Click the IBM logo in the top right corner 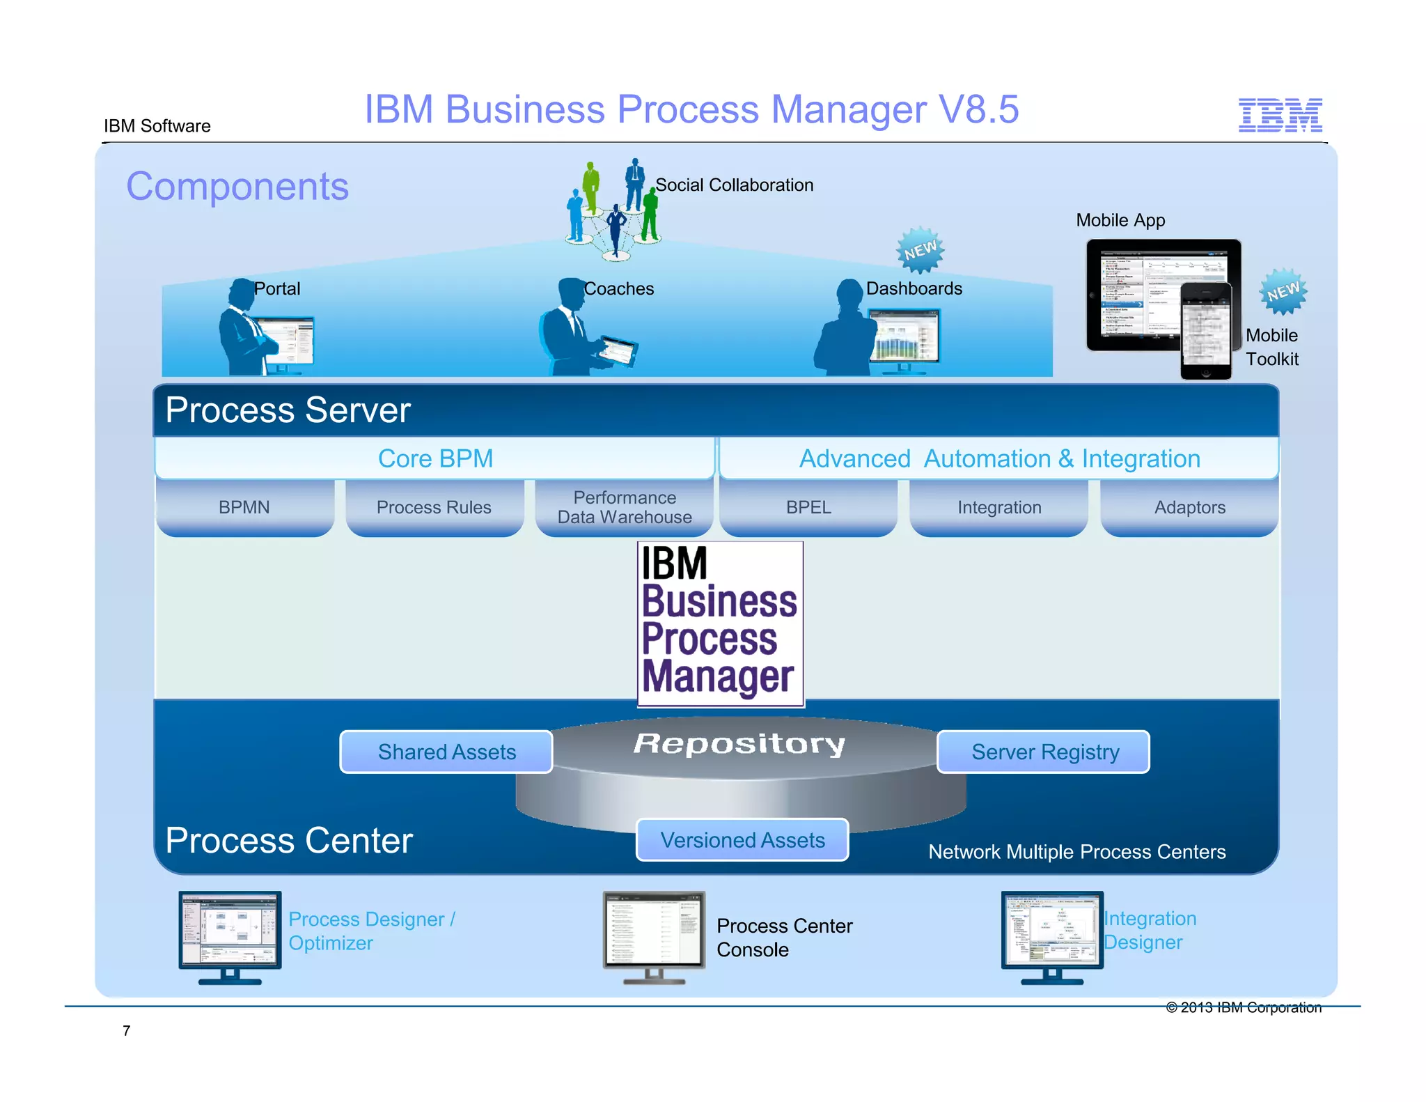pyautogui.click(x=1280, y=115)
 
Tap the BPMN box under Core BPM pyautogui.click(x=244, y=507)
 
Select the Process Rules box pyautogui.click(x=434, y=507)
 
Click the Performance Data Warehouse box pyautogui.click(x=625, y=507)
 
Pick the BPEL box pyautogui.click(x=808, y=507)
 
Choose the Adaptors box pyautogui.click(x=1189, y=507)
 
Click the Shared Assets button pyautogui.click(x=446, y=752)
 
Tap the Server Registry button pyautogui.click(x=1044, y=752)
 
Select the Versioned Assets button pyautogui.click(x=742, y=840)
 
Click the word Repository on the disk pyautogui.click(x=739, y=743)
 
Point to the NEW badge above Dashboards pyautogui.click(x=920, y=249)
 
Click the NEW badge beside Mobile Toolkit pyautogui.click(x=1283, y=291)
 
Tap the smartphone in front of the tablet pyautogui.click(x=1205, y=332)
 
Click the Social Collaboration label pyautogui.click(x=734, y=185)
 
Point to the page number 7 pyautogui.click(x=126, y=1030)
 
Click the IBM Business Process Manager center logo pyautogui.click(x=720, y=623)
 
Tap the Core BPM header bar pyautogui.click(x=435, y=458)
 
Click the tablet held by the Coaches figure pyautogui.click(x=617, y=350)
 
